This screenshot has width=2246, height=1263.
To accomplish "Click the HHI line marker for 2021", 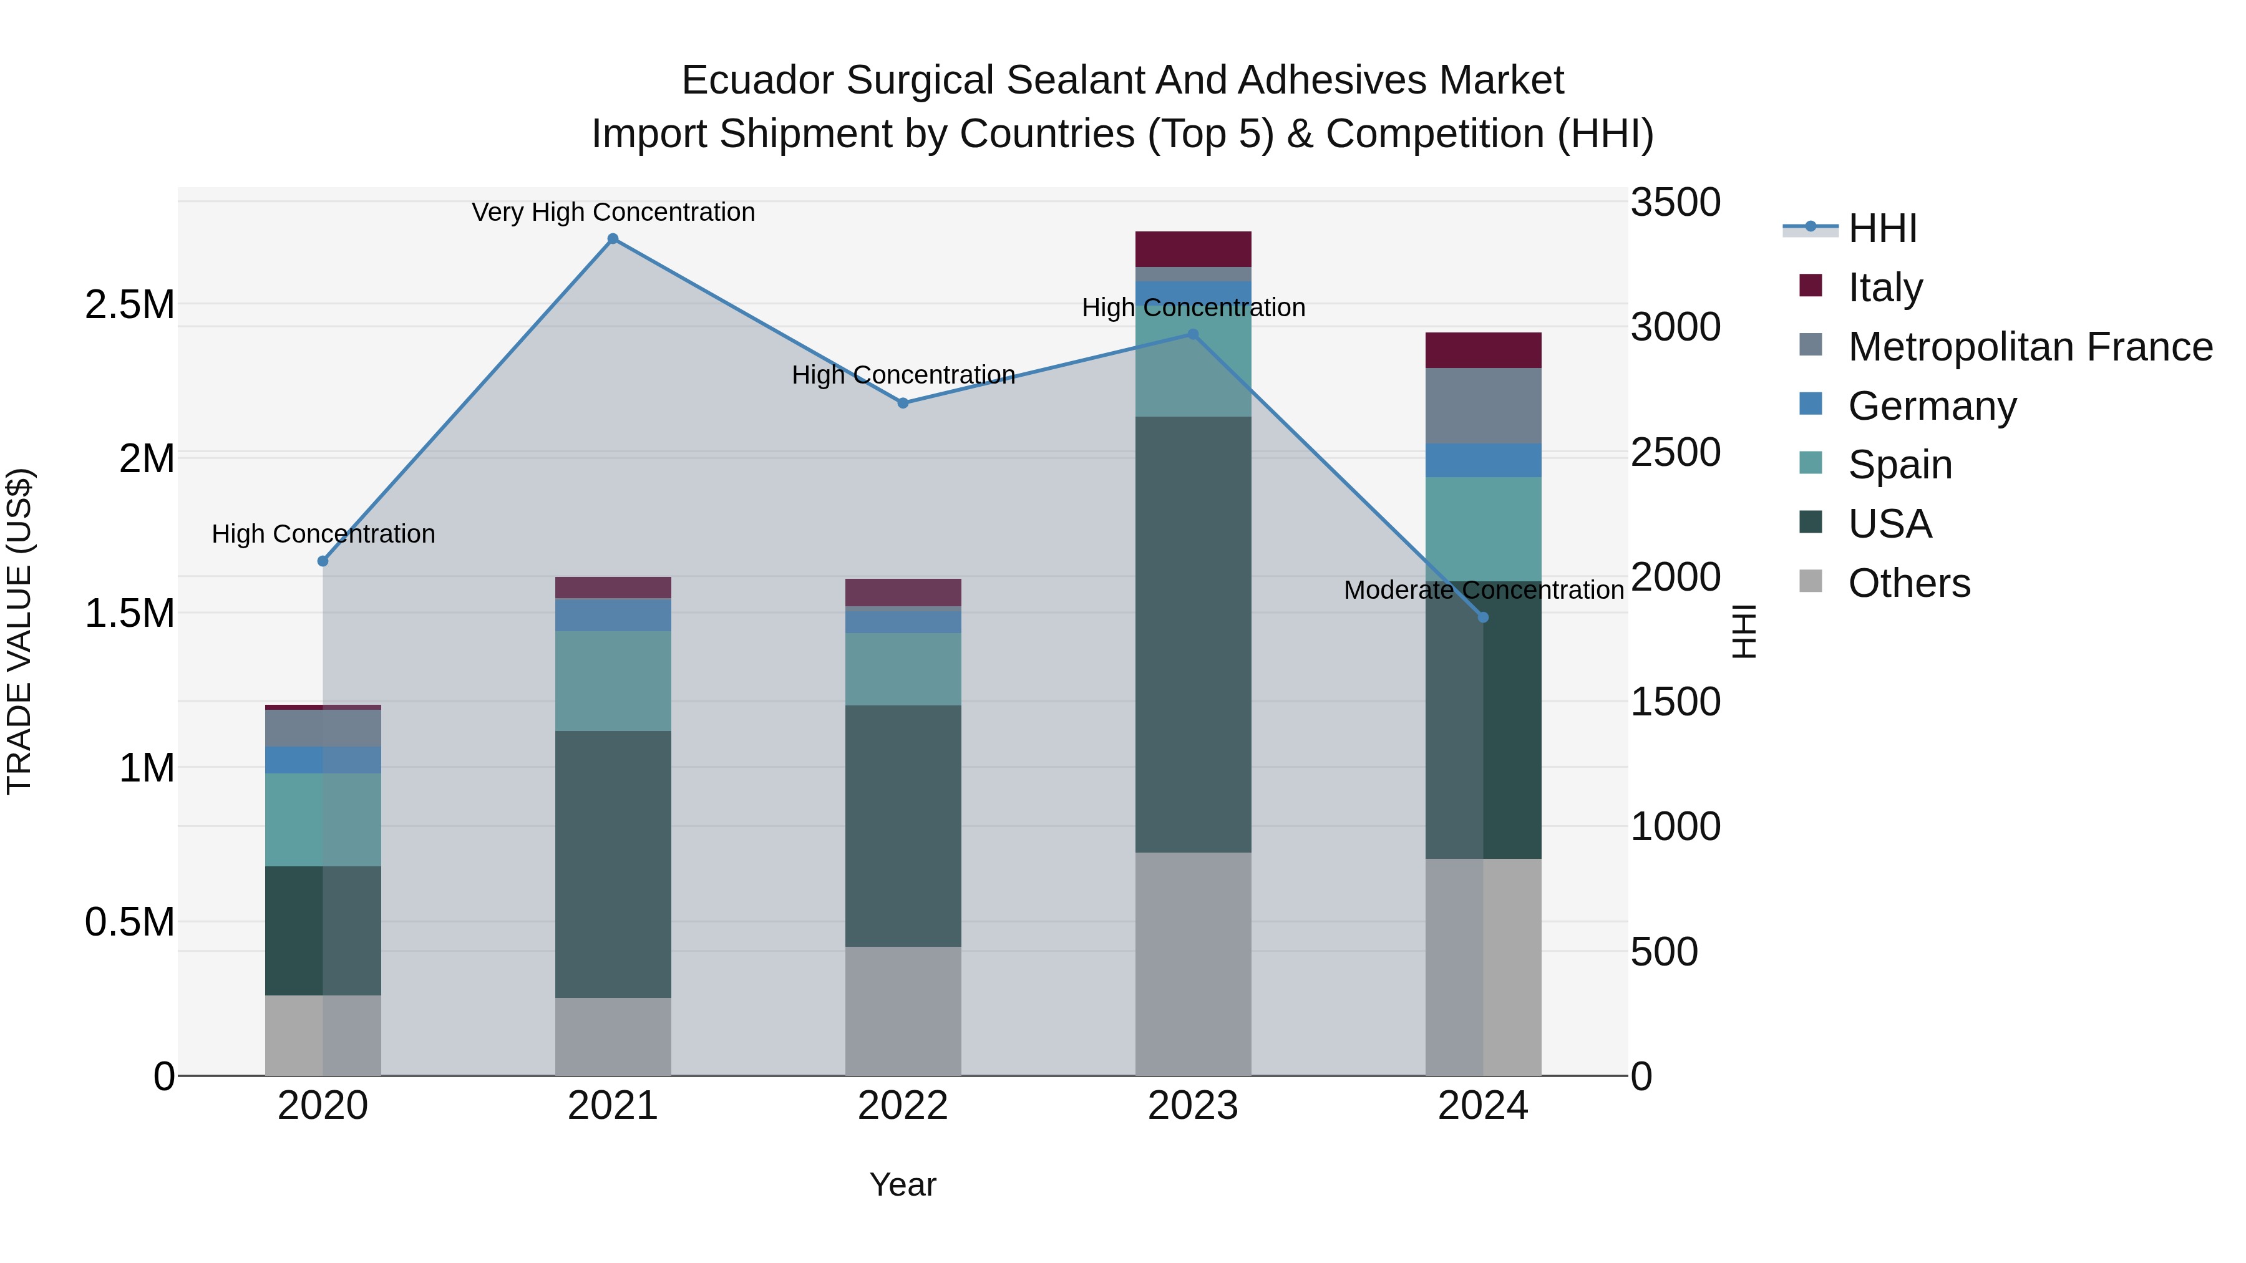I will click(613, 239).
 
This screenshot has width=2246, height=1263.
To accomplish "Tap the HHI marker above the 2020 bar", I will click(323, 561).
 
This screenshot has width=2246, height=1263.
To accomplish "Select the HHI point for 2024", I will click(1483, 617).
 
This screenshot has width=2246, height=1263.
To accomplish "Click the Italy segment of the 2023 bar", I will click(1193, 249).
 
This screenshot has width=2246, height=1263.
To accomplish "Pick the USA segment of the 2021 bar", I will click(613, 863).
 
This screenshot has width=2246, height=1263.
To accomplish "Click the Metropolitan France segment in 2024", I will click(1483, 405).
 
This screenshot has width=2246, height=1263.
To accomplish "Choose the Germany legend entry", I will click(1931, 406).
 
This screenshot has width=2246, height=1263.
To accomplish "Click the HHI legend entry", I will click(1882, 228).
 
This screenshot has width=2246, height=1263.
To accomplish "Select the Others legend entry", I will click(1908, 583).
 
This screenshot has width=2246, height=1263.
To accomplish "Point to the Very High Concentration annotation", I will click(613, 212).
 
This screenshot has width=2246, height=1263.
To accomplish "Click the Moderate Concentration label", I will click(1483, 590).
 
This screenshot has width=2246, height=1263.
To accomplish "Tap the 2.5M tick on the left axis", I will click(129, 305).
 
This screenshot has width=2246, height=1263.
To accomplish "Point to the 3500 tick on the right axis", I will click(1675, 202).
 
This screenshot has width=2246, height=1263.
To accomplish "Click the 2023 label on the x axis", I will click(1193, 1106).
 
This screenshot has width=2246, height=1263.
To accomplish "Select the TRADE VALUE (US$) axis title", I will click(19, 631).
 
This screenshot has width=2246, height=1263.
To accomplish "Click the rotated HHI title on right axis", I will click(1743, 631).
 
